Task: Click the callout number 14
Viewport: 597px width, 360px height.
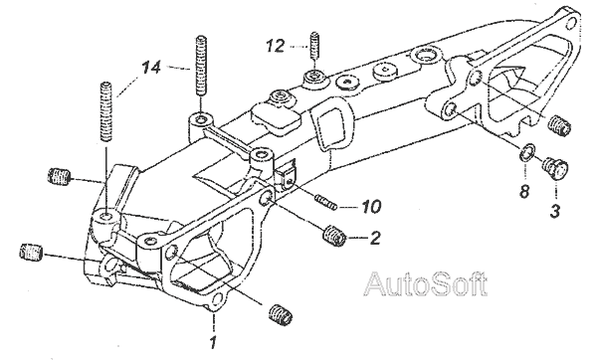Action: [151, 68]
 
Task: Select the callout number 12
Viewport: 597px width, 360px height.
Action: [276, 47]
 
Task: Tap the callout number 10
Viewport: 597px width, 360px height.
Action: [370, 207]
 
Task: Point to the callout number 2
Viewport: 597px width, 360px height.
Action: [375, 239]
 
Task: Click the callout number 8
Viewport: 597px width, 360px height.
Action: [524, 191]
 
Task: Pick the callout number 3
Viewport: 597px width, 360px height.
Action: [555, 211]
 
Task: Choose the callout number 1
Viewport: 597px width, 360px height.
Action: [213, 342]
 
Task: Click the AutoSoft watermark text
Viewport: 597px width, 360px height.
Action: [426, 283]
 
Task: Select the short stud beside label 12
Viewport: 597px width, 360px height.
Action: [314, 45]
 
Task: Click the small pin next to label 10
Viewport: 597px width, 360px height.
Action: [325, 202]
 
